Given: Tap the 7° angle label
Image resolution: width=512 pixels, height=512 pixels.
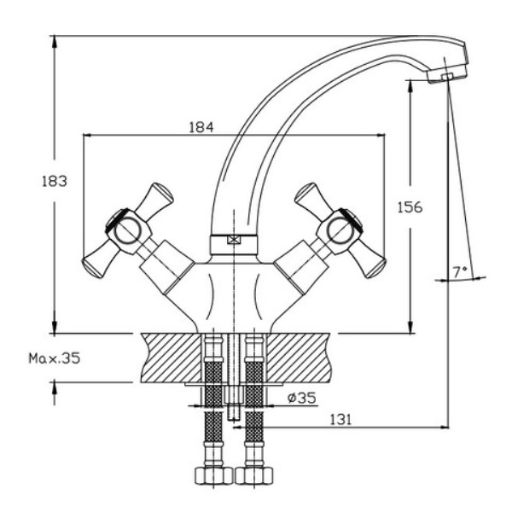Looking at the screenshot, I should point(461,271).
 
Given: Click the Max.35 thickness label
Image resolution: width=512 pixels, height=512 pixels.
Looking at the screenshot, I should point(51,359).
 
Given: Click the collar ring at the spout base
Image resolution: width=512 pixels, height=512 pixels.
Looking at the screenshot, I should point(234,241).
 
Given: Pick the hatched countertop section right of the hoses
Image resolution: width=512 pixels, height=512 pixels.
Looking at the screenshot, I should point(299,358).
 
